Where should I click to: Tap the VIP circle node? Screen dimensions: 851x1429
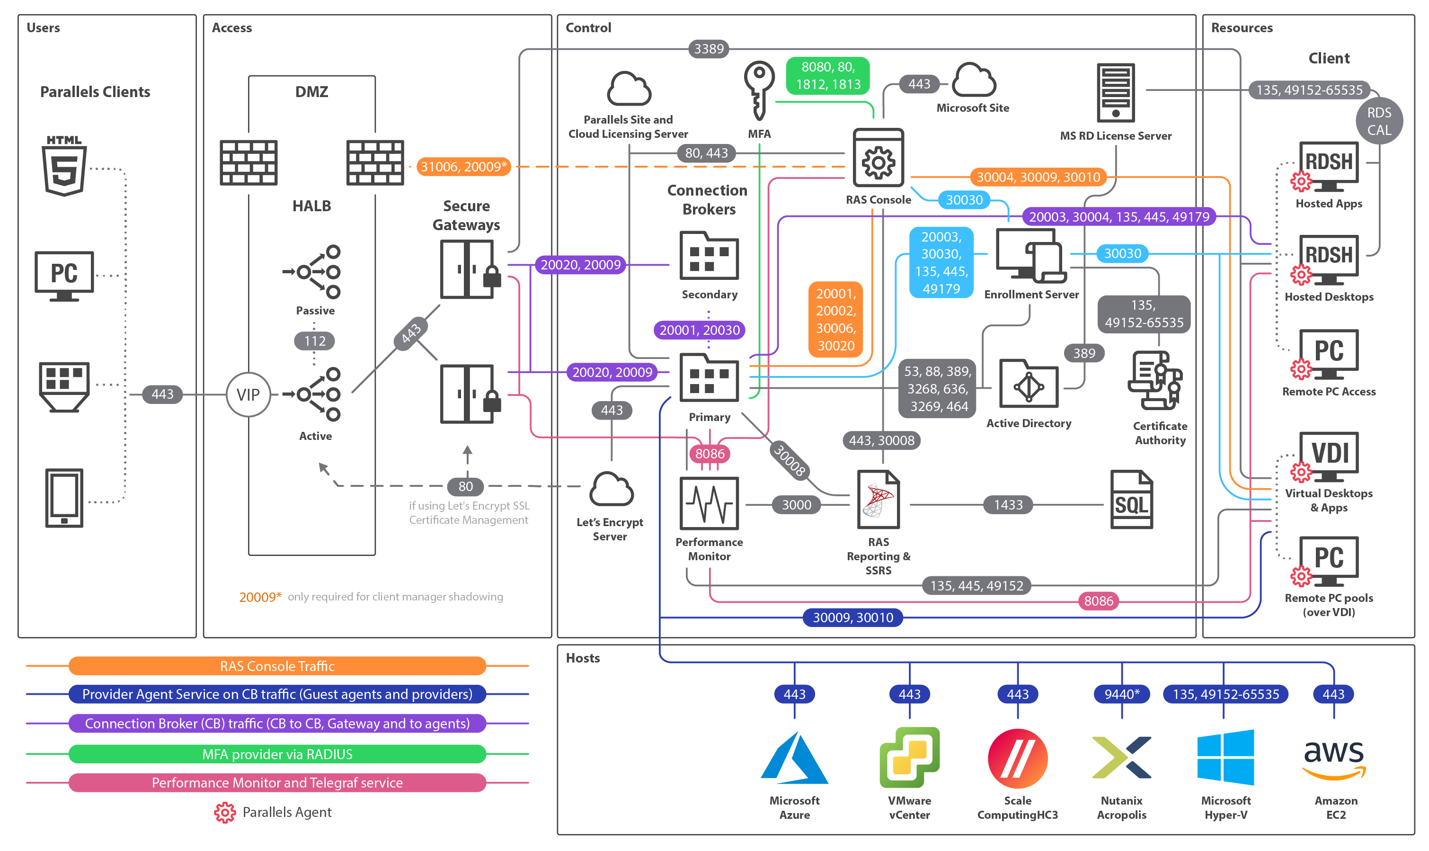coord(248,394)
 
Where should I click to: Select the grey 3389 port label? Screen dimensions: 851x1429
coord(709,49)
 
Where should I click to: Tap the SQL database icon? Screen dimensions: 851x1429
coord(1130,500)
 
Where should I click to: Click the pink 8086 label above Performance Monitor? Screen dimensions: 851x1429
coord(709,454)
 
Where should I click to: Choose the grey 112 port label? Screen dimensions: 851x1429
coord(314,341)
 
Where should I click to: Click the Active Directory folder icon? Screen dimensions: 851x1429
coord(1029,384)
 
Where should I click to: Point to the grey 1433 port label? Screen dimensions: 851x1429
coord(1007,505)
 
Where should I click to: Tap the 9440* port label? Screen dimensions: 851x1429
coord(1121,694)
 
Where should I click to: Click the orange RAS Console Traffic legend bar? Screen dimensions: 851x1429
coord(277,666)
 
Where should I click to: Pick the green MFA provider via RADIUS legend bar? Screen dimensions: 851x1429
coord(277,753)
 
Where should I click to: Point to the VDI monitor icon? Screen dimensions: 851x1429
coord(1328,457)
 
